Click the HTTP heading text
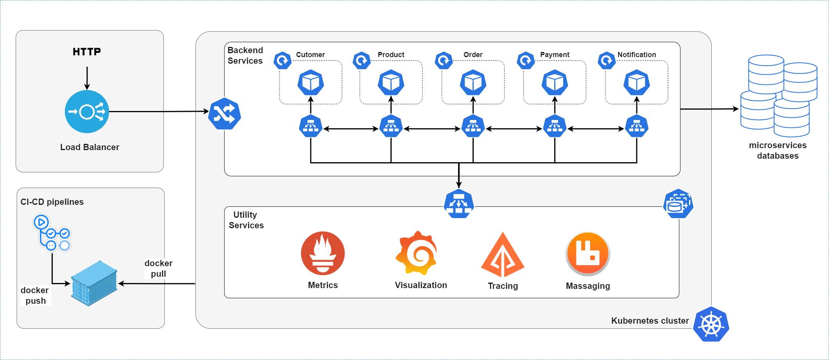(87, 52)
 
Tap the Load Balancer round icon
(87, 112)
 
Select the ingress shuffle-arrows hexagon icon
(224, 114)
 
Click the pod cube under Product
(391, 82)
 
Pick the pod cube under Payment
(555, 82)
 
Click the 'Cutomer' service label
(310, 55)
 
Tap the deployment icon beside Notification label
(607, 61)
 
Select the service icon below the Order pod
(473, 126)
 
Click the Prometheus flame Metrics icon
(323, 253)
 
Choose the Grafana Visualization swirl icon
(417, 253)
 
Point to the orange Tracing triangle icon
(503, 256)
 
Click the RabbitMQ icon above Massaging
(587, 254)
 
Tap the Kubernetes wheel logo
(711, 324)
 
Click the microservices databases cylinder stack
(778, 96)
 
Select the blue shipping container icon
(94, 283)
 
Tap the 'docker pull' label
(158, 269)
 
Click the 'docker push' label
(35, 296)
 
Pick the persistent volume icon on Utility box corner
(678, 204)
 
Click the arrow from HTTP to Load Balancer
(87, 78)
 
